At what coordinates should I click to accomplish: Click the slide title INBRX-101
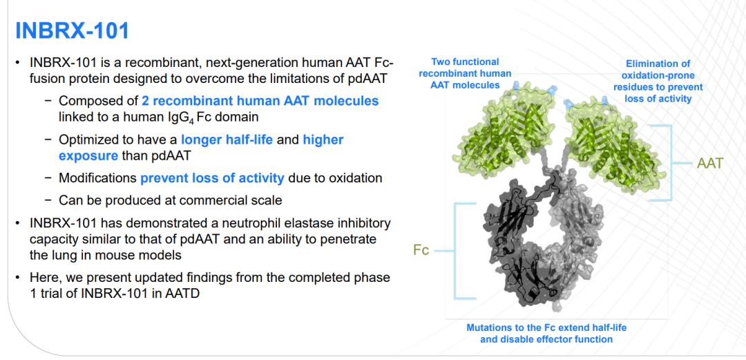[73, 31]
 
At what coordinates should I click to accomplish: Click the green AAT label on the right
[710, 163]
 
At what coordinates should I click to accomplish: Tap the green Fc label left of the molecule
[421, 250]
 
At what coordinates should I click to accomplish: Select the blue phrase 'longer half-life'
[227, 140]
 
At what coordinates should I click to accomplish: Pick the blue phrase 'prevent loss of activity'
[212, 178]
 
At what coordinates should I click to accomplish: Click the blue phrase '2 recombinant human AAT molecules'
[260, 101]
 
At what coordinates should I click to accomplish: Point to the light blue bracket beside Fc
[455, 251]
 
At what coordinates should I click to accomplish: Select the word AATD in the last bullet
[182, 293]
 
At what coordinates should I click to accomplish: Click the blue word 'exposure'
[88, 155]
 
